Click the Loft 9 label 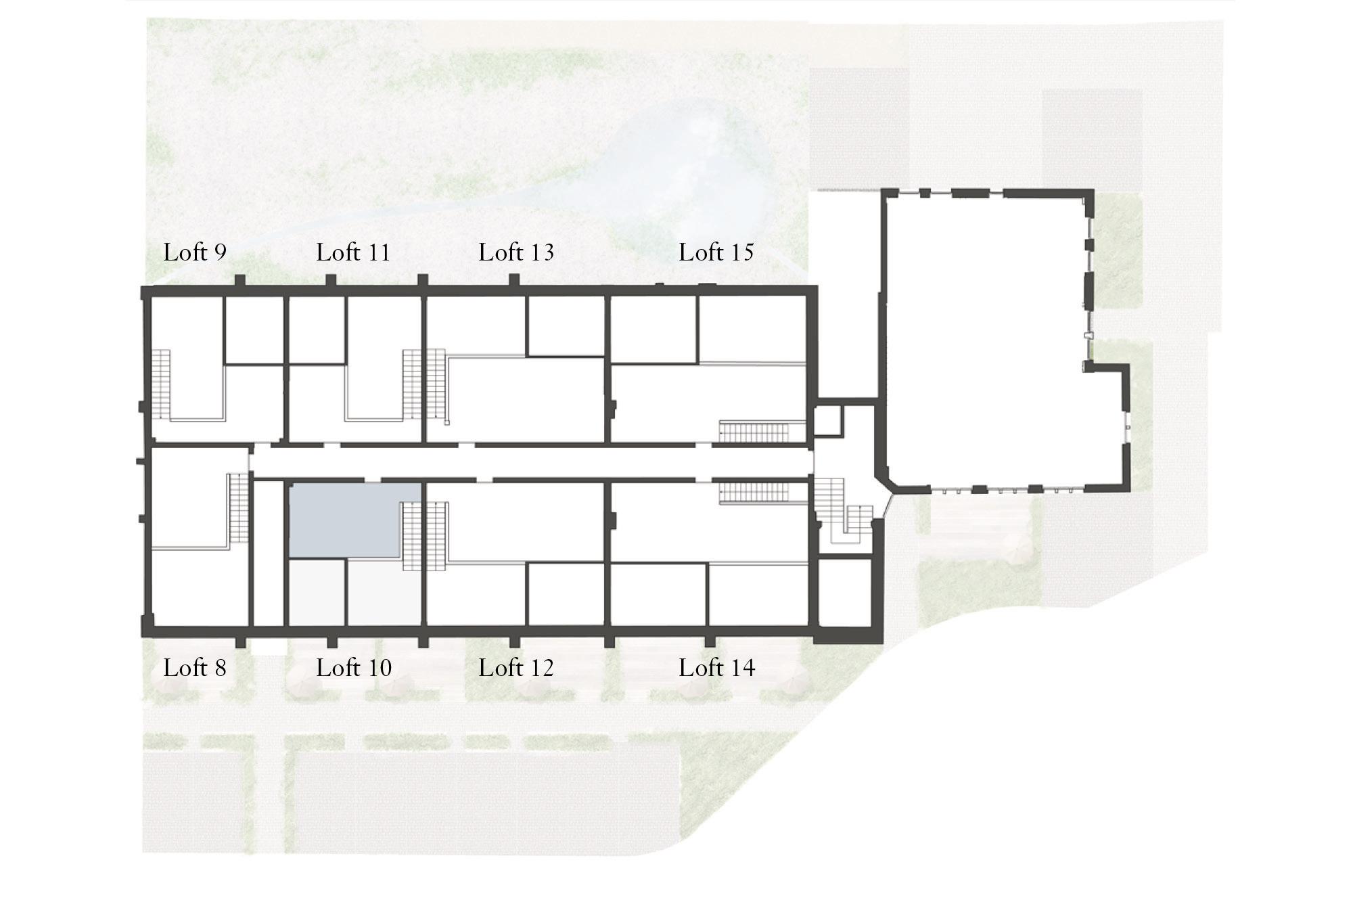click(x=195, y=252)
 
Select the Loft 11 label click(x=353, y=252)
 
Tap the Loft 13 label click(x=516, y=252)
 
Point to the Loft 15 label click(x=716, y=252)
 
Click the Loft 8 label click(x=195, y=668)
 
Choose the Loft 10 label click(x=354, y=668)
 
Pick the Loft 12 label click(x=516, y=668)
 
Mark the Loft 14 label click(x=717, y=668)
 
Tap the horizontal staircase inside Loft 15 click(x=754, y=431)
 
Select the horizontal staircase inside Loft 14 click(x=754, y=493)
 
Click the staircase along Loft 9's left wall click(x=162, y=384)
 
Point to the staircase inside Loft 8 click(x=239, y=508)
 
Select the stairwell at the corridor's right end click(x=842, y=514)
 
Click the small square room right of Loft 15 click(x=827, y=420)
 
